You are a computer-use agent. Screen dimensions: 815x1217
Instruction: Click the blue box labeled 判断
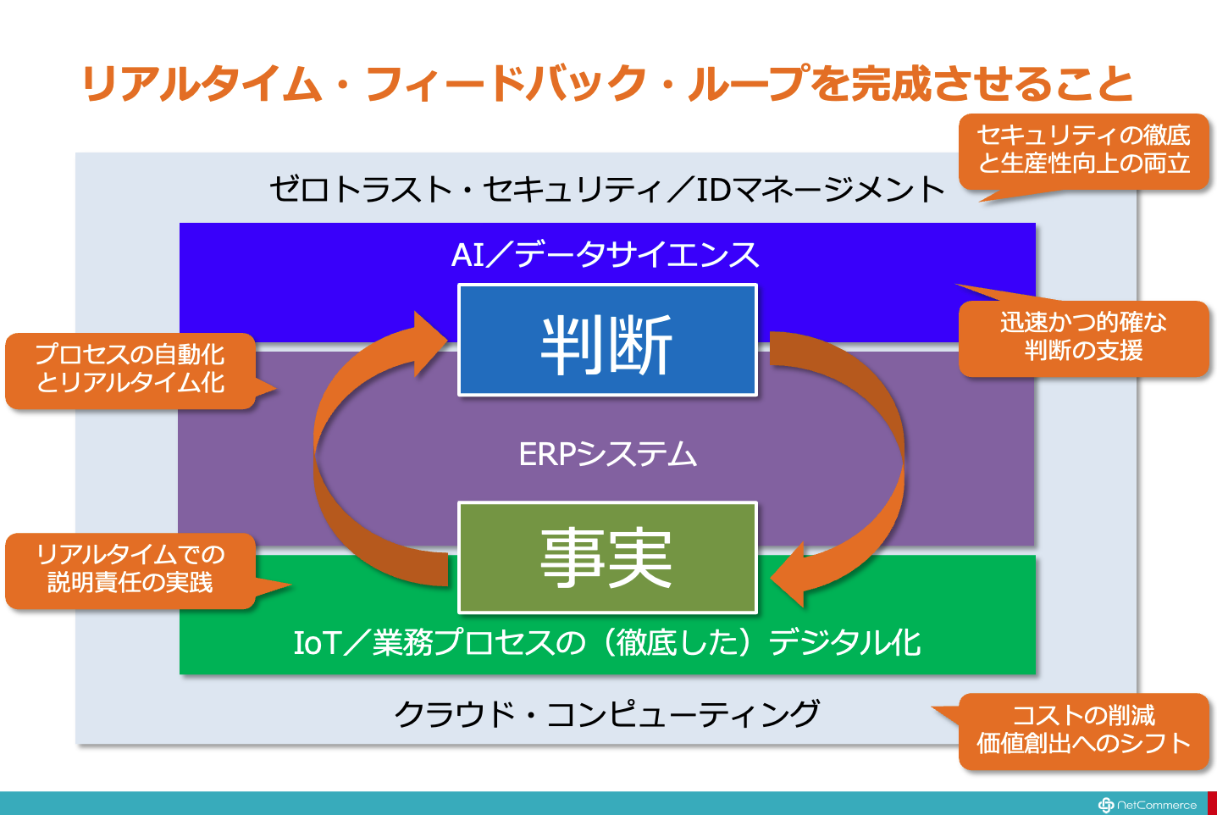[607, 341]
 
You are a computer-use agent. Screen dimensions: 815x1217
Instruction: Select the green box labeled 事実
[607, 557]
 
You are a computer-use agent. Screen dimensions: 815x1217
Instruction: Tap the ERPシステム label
[607, 455]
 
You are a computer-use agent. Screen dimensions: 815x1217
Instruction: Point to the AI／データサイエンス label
[606, 254]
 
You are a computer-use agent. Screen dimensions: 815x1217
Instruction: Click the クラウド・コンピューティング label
[606, 714]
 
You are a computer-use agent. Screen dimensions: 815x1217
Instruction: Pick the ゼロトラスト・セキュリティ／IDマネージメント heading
[606, 189]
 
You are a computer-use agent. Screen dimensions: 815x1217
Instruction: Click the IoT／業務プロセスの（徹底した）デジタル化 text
[606, 642]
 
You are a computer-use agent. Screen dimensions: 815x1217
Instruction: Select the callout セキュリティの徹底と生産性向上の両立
[1083, 150]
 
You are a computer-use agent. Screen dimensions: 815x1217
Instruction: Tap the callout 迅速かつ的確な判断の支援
[1083, 337]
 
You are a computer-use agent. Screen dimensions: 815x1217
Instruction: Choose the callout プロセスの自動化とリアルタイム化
[130, 369]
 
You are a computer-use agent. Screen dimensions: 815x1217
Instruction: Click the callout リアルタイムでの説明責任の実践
[130, 569]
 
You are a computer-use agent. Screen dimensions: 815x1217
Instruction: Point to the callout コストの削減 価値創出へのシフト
[1083, 730]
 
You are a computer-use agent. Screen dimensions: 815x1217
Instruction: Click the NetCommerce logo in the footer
[1148, 805]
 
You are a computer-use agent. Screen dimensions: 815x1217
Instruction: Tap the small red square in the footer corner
[1212, 803]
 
